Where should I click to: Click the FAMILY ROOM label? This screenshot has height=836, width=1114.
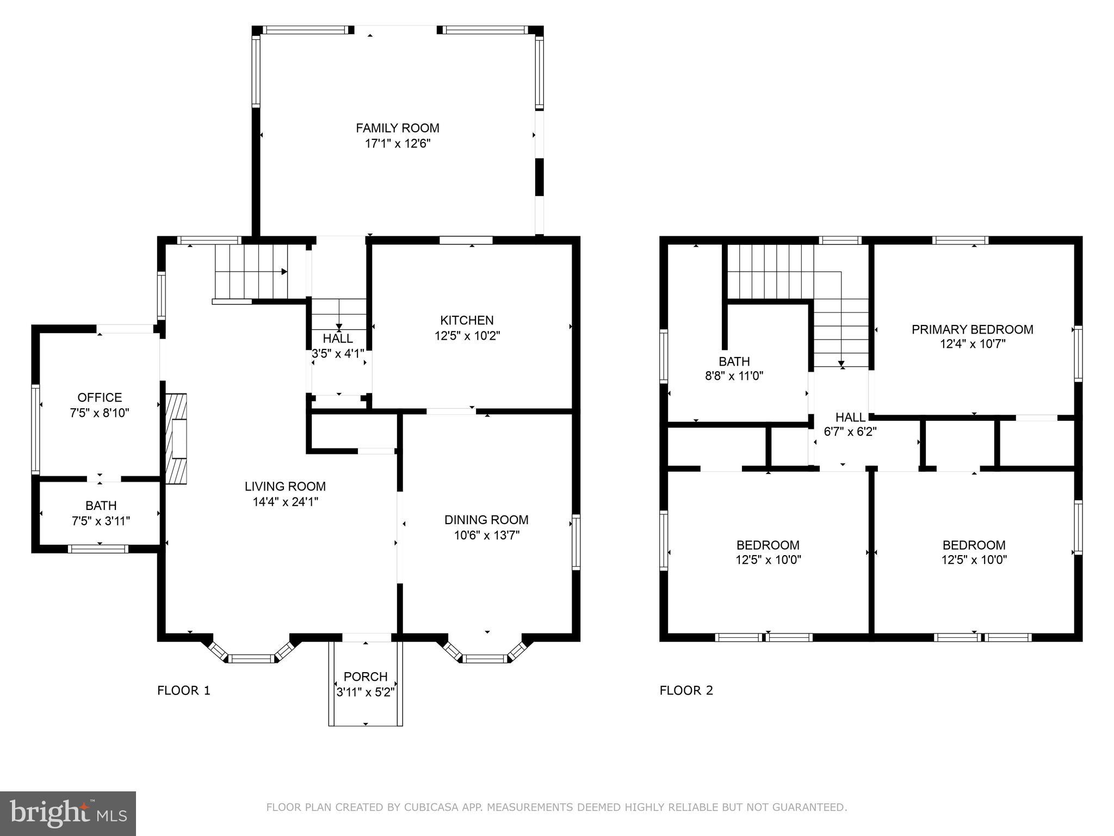397,128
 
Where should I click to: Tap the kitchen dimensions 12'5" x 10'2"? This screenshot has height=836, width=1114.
467,336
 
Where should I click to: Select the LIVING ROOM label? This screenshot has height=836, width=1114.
285,486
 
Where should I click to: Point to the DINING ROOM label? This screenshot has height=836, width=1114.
486,520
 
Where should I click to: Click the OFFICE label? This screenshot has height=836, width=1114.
100,397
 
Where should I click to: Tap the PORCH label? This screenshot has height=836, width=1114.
366,677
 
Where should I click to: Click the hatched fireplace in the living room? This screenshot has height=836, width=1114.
176,439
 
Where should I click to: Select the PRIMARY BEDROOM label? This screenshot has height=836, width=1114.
972,329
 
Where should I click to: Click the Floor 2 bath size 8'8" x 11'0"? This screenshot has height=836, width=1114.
734,376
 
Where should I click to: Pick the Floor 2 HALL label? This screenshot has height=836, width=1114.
850,417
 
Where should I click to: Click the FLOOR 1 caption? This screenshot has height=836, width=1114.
183,691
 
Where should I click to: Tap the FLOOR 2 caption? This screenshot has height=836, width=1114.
686,691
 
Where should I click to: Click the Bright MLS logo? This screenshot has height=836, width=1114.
68,814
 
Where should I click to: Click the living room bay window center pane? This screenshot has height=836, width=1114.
251,659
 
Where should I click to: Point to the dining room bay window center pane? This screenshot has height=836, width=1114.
484,659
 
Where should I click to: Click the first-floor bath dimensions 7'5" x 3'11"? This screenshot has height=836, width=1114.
101,521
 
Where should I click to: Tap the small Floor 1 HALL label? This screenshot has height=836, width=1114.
338,339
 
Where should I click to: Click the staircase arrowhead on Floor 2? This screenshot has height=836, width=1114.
841,364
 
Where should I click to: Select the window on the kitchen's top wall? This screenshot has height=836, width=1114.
466,240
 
